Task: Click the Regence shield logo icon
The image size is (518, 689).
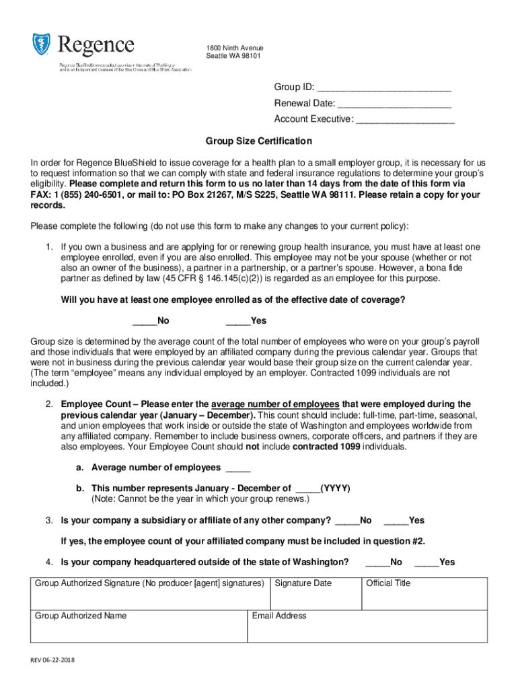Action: [42, 45]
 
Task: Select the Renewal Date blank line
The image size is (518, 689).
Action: [394, 104]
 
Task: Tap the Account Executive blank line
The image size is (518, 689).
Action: [405, 120]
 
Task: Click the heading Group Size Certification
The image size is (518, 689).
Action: [259, 141]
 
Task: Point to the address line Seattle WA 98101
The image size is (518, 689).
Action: [233, 56]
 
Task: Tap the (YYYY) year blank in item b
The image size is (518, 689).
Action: [307, 488]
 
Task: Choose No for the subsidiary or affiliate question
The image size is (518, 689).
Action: [346, 521]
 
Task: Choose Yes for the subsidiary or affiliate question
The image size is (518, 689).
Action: [396, 521]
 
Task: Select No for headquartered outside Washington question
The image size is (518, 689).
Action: [377, 563]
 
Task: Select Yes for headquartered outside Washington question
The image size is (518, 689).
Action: [427, 563]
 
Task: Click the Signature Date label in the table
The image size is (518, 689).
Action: [303, 583]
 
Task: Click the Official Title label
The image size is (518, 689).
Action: [388, 583]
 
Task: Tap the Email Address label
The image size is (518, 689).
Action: [279, 616]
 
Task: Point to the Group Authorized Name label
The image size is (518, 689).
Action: [81, 616]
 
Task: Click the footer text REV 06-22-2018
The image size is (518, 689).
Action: [52, 661]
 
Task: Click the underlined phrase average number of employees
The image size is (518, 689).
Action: [275, 404]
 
